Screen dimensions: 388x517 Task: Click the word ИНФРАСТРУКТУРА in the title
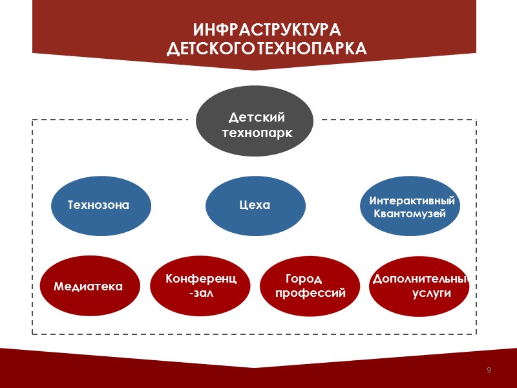266,30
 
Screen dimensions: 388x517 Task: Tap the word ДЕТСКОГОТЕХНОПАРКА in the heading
266,48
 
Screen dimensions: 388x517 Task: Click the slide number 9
489,370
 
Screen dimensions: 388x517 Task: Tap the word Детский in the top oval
257,117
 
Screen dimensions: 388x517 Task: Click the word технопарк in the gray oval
257,133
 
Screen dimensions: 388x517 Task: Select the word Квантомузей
410,214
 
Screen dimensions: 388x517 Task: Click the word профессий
311,293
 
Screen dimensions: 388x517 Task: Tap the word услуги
431,293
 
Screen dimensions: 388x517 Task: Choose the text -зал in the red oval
200,292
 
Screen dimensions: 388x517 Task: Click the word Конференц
201,279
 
